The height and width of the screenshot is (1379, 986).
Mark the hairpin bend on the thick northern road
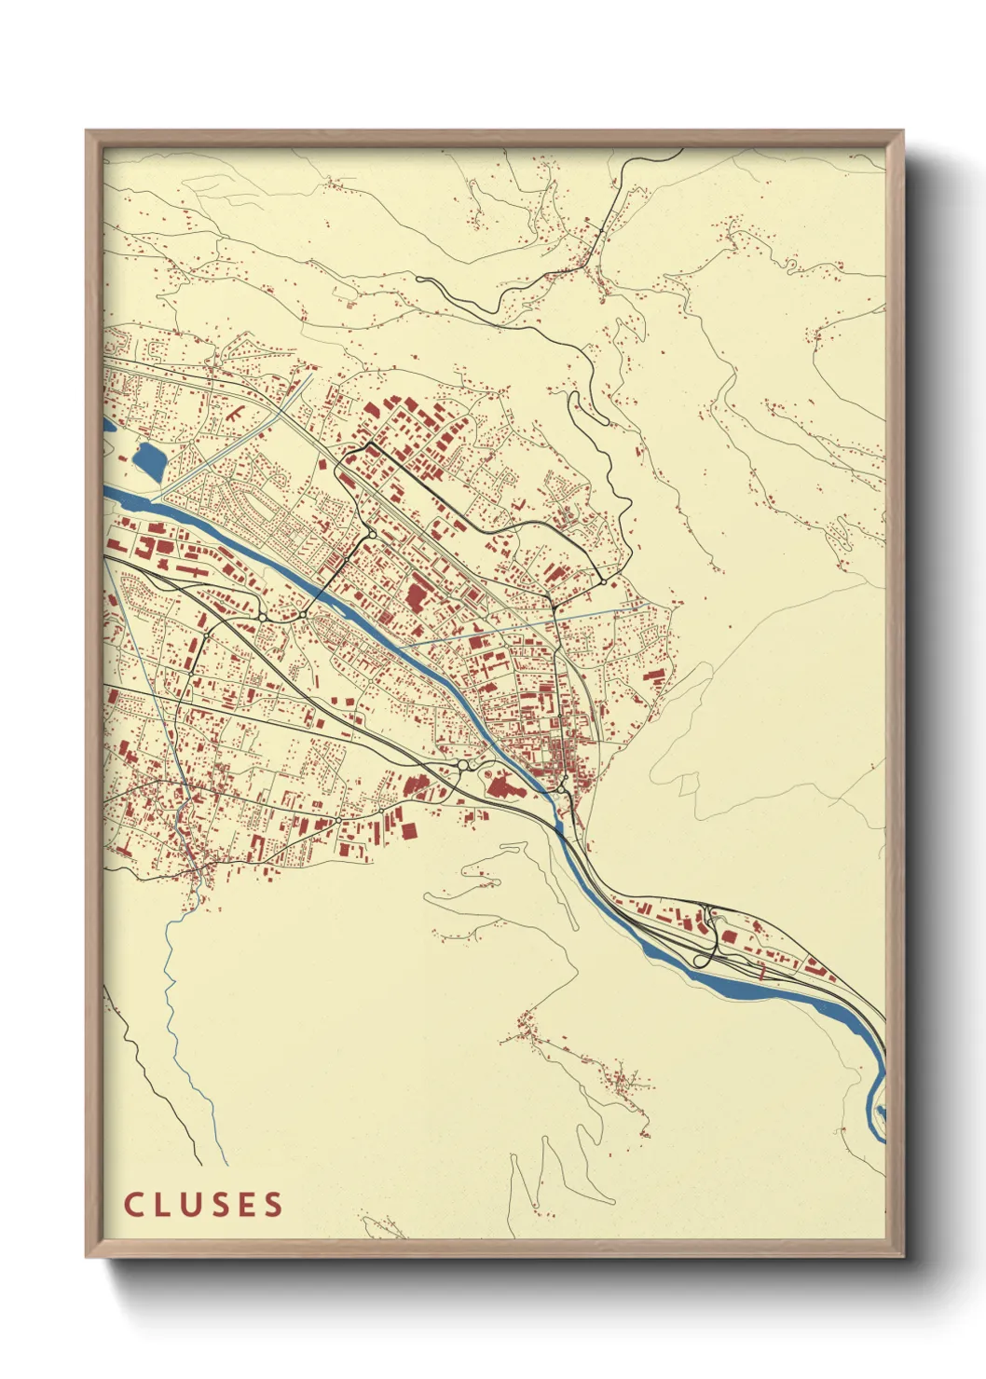pyautogui.click(x=574, y=401)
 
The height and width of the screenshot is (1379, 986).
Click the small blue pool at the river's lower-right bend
pyautogui.click(x=879, y=1111)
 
